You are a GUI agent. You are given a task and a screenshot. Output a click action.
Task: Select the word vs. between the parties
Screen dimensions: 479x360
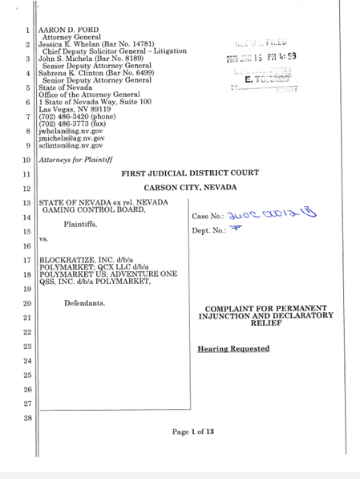coord(45,239)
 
